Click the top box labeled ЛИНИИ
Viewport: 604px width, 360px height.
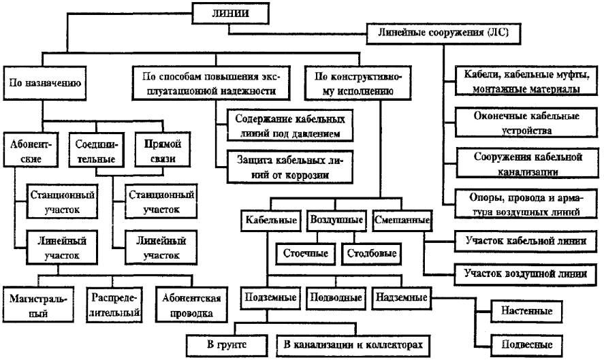pos(229,12)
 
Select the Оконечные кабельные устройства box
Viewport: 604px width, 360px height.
pos(522,122)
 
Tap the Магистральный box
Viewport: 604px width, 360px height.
pos(35,306)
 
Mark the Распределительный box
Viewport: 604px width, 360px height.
pos(114,306)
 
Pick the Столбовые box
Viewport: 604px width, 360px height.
pos(371,254)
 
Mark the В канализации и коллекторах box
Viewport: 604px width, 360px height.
pos(354,345)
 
